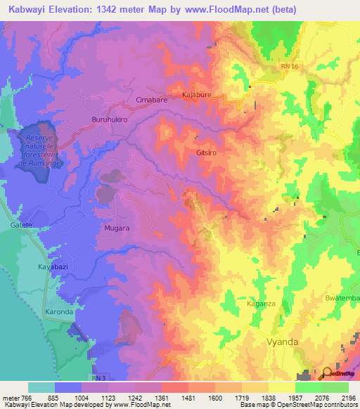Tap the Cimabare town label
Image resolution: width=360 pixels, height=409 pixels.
pos(151,100)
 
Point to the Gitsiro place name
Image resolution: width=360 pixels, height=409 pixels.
pos(209,152)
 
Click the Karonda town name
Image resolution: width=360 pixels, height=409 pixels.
pos(60,311)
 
